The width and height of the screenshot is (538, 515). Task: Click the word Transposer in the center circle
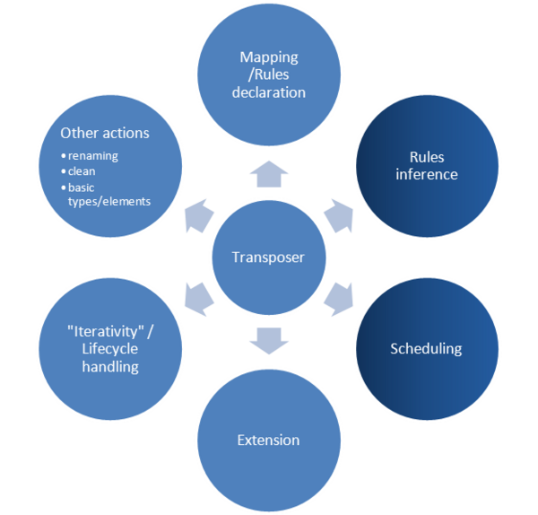pos(268,257)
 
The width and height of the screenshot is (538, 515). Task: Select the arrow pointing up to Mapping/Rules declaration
pos(268,173)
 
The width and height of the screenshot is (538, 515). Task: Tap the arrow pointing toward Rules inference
pos(340,215)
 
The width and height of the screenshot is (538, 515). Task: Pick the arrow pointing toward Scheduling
pos(340,299)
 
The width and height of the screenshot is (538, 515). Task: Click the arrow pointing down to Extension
pos(268,340)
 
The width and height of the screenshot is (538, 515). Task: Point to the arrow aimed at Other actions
pos(197,218)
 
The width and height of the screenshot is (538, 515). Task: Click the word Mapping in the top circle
pos(268,58)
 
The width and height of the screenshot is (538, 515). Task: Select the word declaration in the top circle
pos(268,92)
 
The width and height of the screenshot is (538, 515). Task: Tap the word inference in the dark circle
pos(426,174)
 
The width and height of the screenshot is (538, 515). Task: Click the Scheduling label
pos(426,348)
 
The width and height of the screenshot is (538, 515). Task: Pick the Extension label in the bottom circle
pos(268,440)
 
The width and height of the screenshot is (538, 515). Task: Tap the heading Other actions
pos(105,133)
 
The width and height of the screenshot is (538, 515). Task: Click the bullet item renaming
pos(93,155)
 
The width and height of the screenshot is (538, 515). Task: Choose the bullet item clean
pos(82,170)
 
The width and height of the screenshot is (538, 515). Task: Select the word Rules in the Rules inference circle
pos(426,157)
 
